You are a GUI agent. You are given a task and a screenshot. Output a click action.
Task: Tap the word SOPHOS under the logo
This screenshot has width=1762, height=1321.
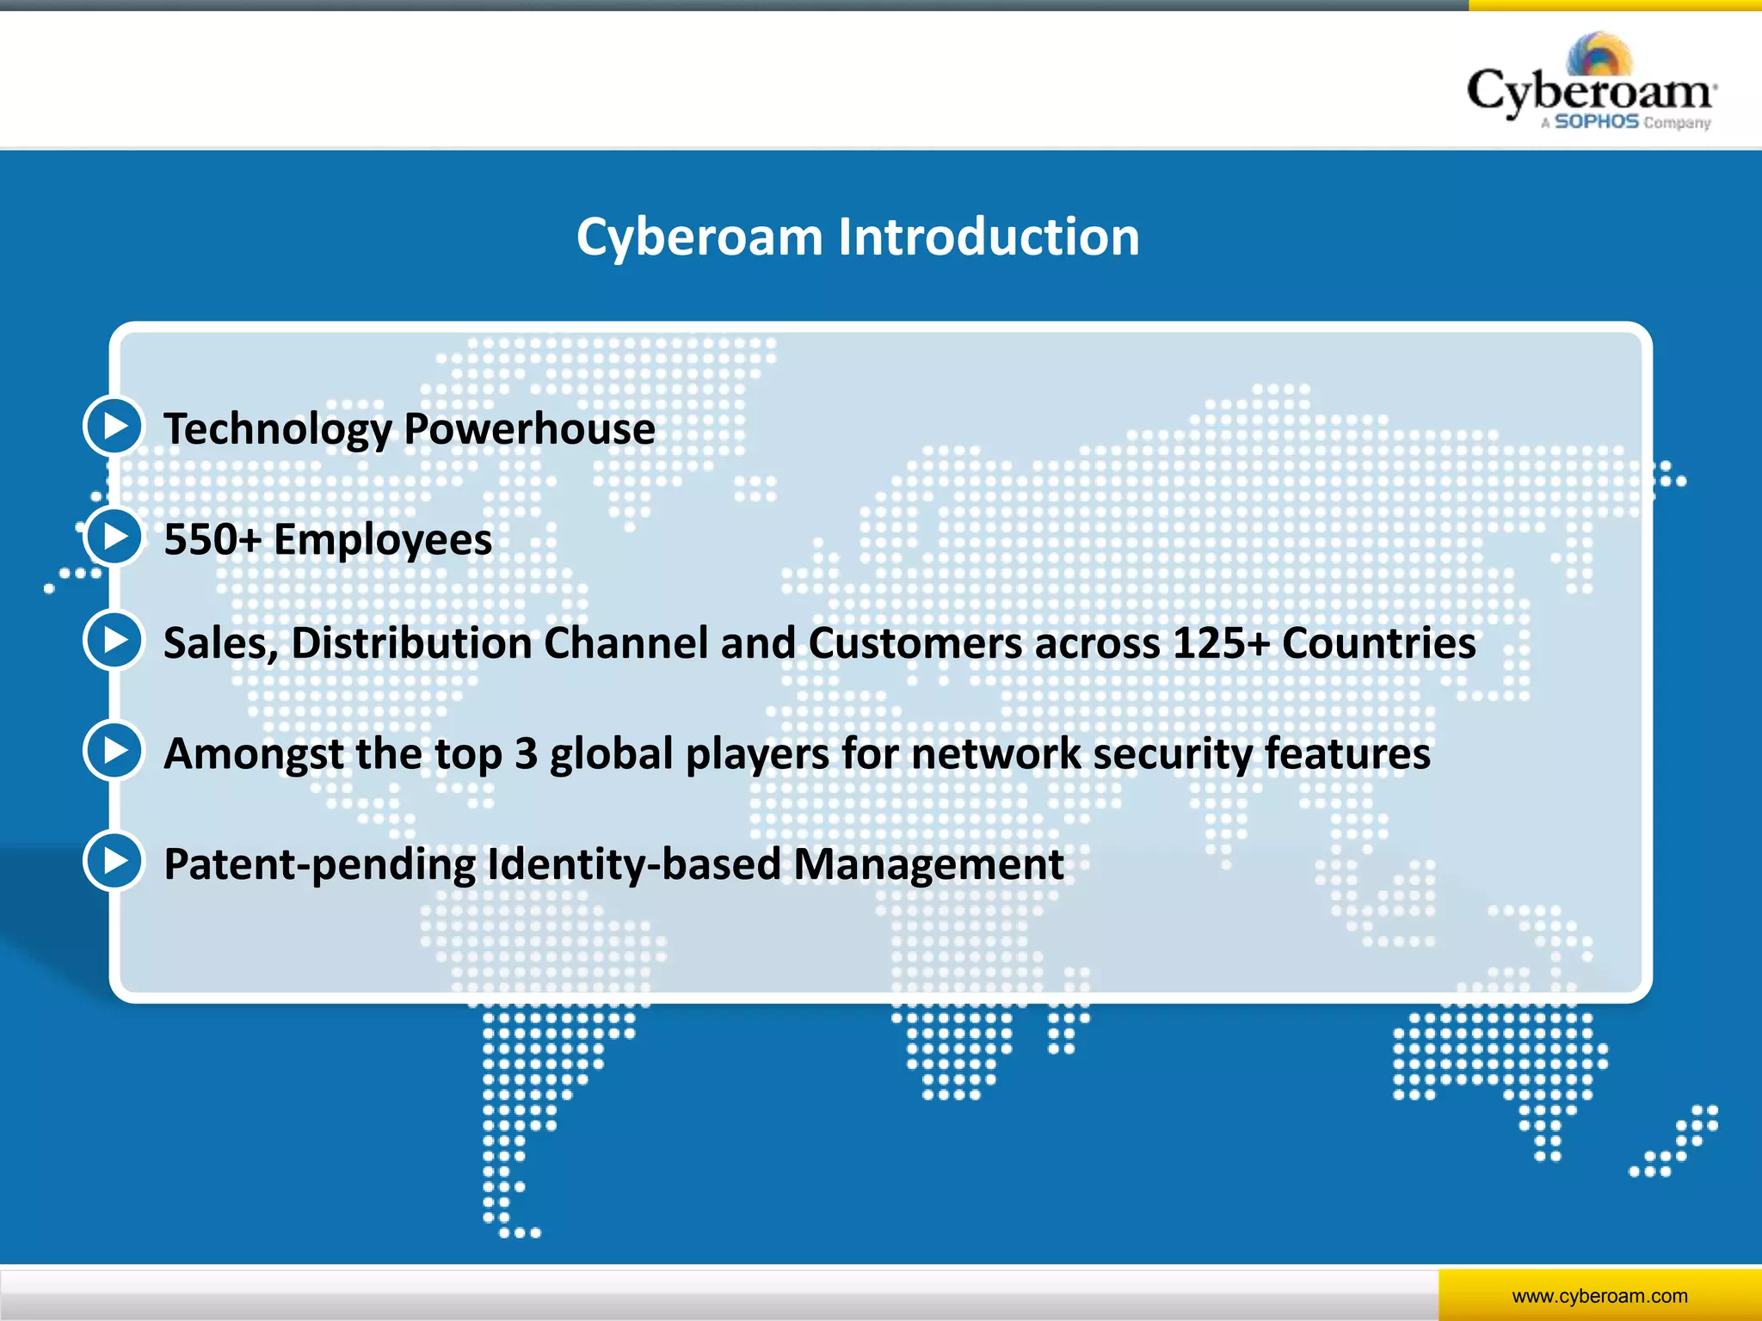pyautogui.click(x=1596, y=122)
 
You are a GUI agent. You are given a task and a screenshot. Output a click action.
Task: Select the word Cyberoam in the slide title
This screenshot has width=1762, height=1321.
pyautogui.click(x=699, y=238)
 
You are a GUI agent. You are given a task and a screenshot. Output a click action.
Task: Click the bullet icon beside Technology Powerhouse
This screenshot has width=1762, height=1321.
pyautogui.click(x=114, y=426)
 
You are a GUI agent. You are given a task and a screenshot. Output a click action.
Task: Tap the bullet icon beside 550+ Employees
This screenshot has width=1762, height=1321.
pyautogui.click(x=114, y=537)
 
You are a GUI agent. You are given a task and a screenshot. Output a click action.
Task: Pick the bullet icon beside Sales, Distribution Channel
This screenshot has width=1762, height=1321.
pyautogui.click(x=114, y=640)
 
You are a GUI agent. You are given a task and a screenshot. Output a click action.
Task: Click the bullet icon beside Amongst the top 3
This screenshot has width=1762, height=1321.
pyautogui.click(x=114, y=751)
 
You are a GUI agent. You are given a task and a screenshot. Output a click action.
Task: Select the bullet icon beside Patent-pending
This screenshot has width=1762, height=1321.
pyautogui.click(x=114, y=861)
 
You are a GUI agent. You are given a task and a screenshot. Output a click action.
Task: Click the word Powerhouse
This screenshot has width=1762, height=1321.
pyautogui.click(x=529, y=428)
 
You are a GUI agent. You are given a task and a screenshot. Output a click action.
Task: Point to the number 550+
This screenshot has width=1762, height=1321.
pyautogui.click(x=212, y=540)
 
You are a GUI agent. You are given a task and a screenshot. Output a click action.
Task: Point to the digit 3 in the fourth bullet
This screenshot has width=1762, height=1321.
pyautogui.click(x=526, y=753)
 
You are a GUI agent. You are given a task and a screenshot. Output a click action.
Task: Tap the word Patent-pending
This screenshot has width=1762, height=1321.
pyautogui.click(x=319, y=865)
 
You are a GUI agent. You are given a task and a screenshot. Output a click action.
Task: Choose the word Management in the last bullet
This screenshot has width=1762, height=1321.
pyautogui.click(x=928, y=865)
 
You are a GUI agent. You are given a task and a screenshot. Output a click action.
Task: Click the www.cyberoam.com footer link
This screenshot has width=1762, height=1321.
pyautogui.click(x=1599, y=1296)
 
